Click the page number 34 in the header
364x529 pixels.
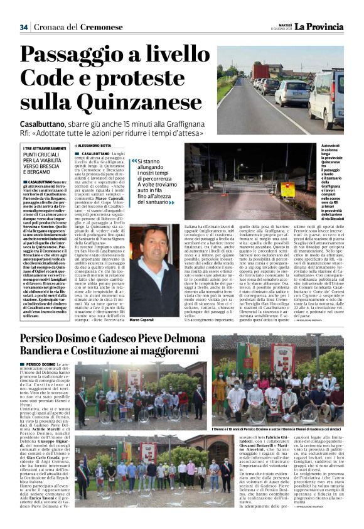23,27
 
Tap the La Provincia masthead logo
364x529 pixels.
319,26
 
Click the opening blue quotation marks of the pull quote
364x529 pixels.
133,161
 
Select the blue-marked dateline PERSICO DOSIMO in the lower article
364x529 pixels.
40,364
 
